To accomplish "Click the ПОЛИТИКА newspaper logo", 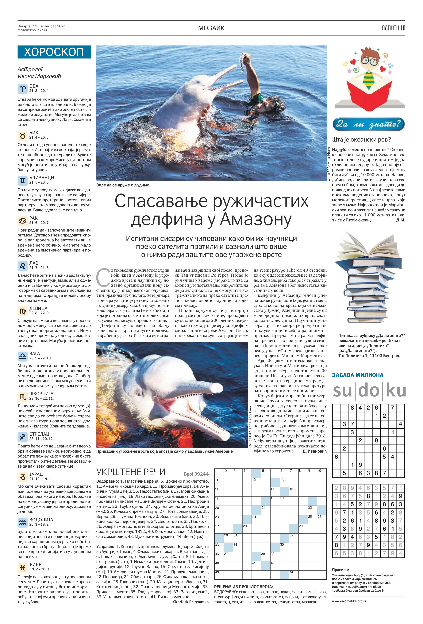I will (394, 28).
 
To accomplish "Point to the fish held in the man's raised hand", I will (243, 62).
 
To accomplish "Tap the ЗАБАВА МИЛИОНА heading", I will (358, 375).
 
